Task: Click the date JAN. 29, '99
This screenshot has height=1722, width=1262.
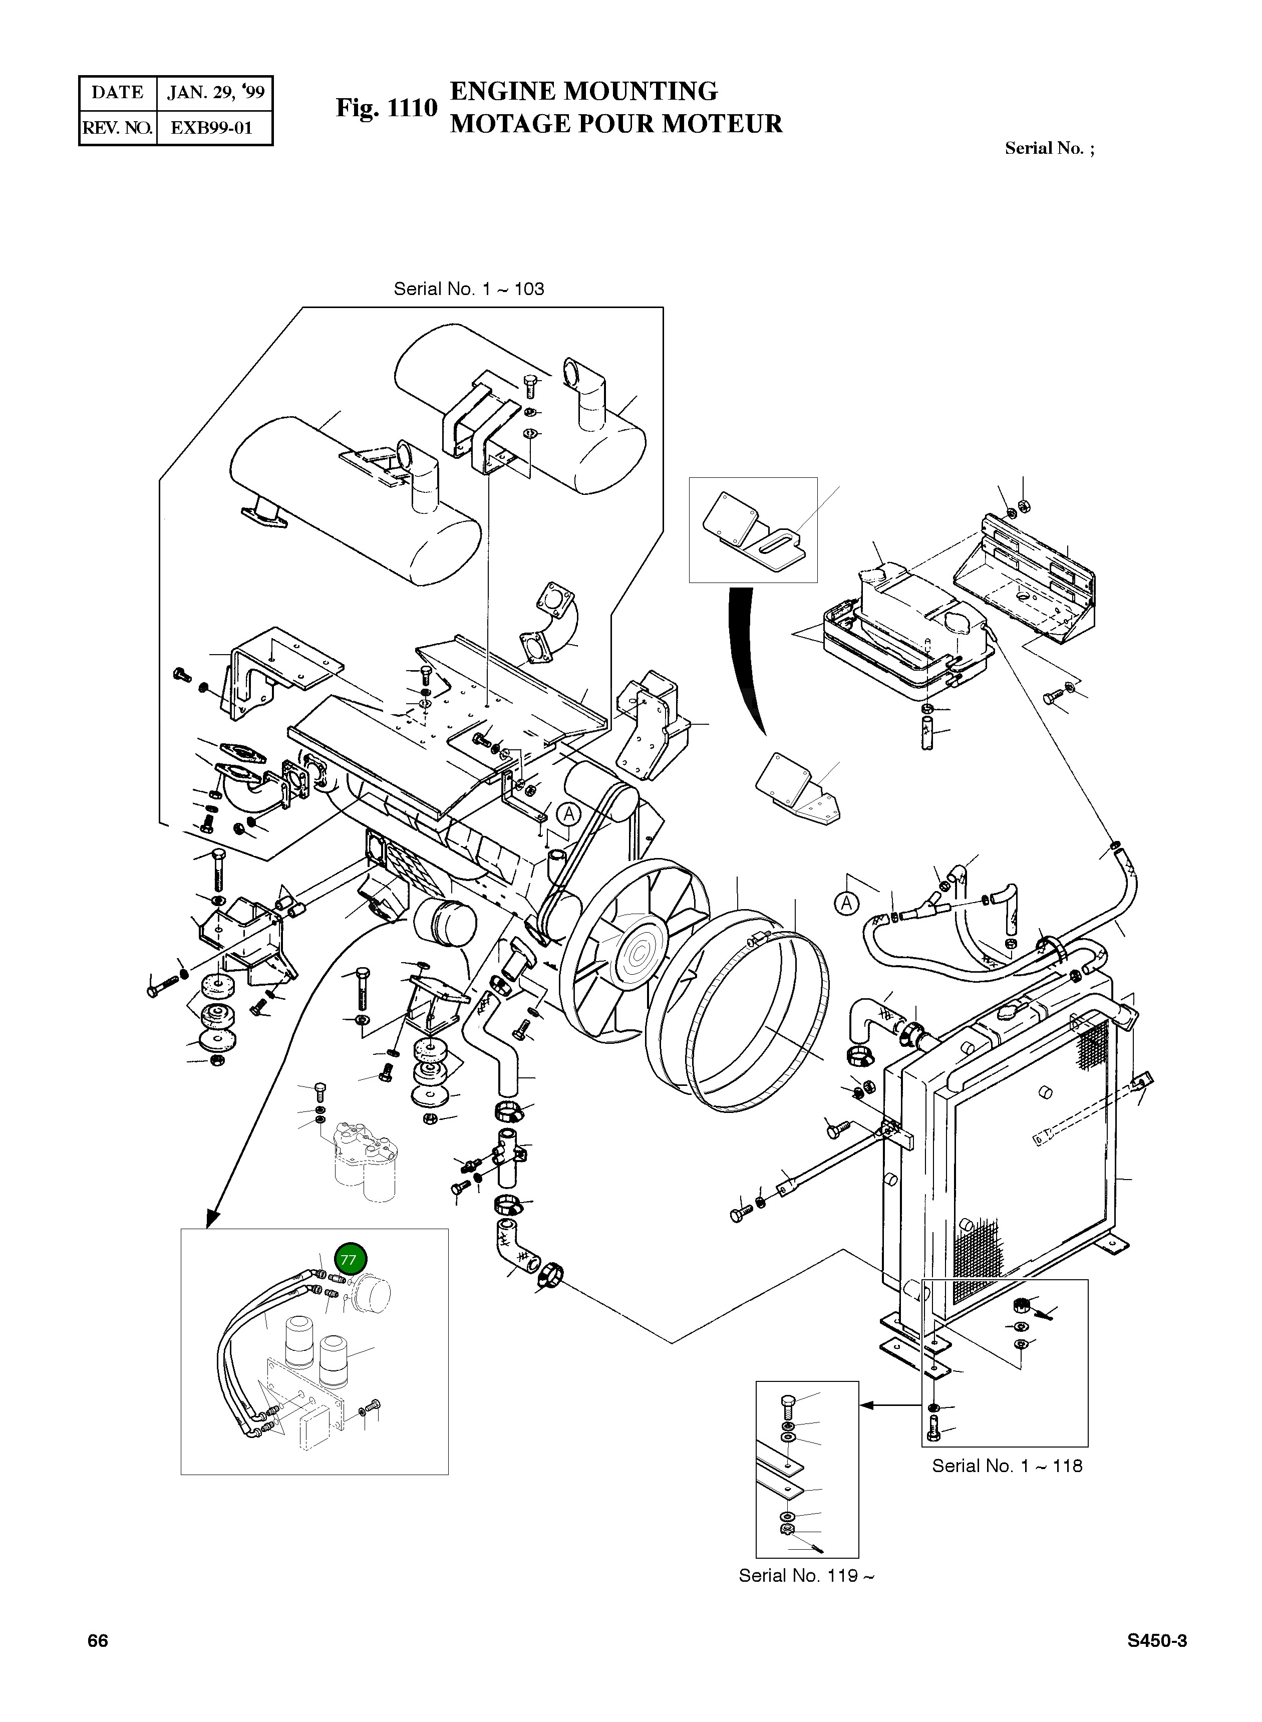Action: (x=215, y=93)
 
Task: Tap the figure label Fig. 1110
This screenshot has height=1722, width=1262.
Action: (x=387, y=109)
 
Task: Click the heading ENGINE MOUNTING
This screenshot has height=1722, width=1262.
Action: (x=583, y=92)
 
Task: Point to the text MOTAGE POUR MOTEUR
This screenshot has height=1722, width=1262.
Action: (x=615, y=124)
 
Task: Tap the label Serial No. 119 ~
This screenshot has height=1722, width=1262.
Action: (x=806, y=1575)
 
